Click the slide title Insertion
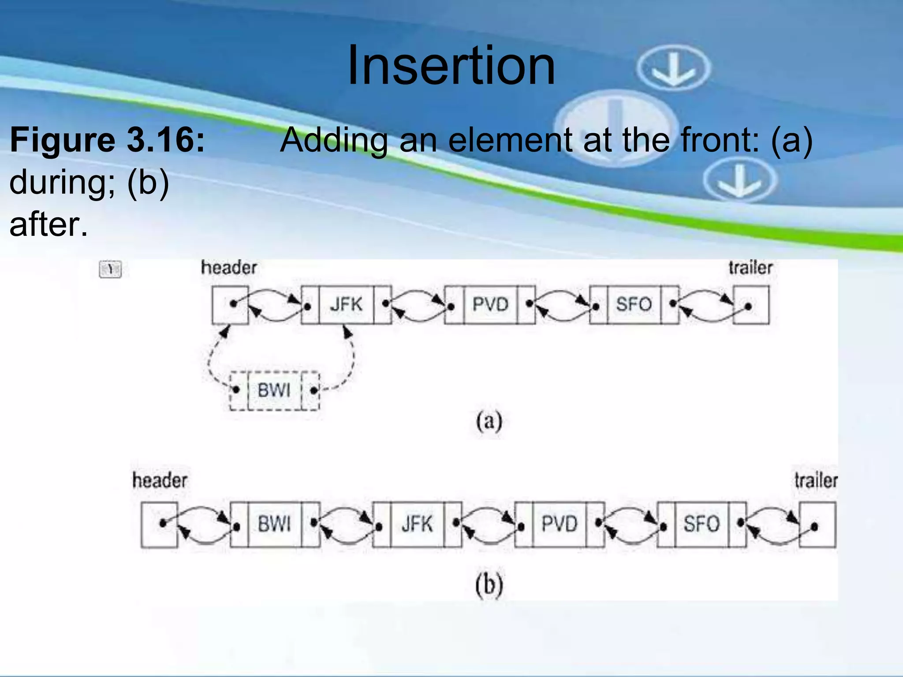tap(451, 66)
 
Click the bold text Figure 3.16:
tap(108, 140)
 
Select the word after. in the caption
tap(49, 224)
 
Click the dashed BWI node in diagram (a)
tap(274, 391)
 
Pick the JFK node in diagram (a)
tap(346, 305)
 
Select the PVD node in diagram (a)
tap(490, 305)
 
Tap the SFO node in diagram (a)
tap(634, 305)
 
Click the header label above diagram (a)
tap(229, 268)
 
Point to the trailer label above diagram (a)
tap(750, 268)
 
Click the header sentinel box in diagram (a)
tap(230, 305)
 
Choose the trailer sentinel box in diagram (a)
tap(751, 305)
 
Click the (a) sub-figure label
tap(489, 421)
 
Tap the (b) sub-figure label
tap(489, 585)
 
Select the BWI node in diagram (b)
tap(275, 524)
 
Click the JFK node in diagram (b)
tap(417, 524)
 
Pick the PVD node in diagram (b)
tap(559, 524)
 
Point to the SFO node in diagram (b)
tap(702, 524)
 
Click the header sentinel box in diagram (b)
tap(159, 524)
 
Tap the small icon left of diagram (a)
tap(110, 269)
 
